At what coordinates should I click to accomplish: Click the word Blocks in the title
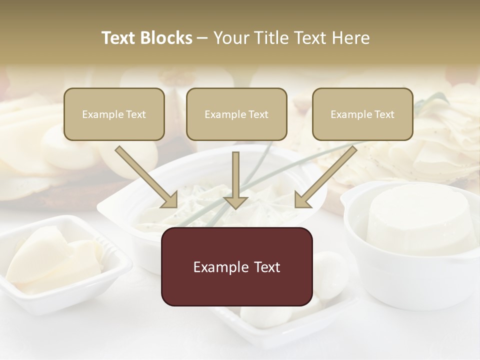166,38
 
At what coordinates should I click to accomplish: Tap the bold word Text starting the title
119,38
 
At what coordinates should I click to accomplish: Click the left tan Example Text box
114,114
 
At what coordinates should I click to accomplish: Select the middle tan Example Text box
236,114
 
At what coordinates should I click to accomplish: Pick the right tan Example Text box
362,114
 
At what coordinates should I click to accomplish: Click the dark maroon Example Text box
236,267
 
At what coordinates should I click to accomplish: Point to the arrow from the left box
146,177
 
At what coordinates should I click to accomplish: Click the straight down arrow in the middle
235,180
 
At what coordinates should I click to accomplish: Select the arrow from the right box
325,177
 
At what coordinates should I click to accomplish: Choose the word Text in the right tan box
384,114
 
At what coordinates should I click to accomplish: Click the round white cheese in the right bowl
420,220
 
